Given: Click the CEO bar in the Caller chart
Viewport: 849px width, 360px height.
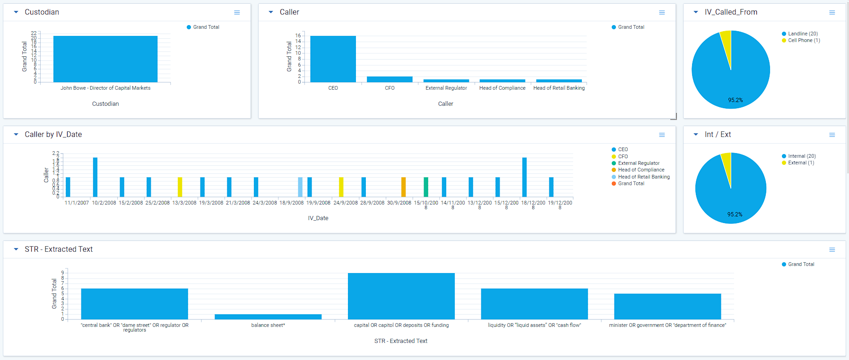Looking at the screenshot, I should pos(333,59).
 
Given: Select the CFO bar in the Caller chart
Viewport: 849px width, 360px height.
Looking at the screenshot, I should pos(390,79).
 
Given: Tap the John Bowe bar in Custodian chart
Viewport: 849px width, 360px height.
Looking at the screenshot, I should pos(105,59).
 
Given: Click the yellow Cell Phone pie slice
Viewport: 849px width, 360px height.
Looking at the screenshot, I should pos(726,43).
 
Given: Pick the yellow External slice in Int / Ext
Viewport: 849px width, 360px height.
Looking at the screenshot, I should pos(727,163).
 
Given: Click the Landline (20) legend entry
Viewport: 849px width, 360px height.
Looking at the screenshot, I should pos(803,34).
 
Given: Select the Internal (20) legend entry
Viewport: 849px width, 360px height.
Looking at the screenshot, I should pos(802,156).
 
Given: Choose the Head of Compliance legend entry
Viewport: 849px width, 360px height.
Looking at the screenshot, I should pos(641,170).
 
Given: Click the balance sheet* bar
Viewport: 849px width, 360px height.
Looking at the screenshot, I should pos(268,317).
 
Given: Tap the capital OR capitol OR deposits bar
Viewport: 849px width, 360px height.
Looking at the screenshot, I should pos(401,296).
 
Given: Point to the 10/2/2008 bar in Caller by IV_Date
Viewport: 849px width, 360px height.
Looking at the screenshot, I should pos(95,177).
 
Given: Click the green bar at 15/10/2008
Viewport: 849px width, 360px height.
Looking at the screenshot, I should pos(426,187).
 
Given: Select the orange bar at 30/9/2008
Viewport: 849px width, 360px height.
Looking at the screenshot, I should pos(403,187).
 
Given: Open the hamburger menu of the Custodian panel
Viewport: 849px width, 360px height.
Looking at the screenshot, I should pos(237,13).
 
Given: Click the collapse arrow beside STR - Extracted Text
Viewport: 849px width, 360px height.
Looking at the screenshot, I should pos(16,249).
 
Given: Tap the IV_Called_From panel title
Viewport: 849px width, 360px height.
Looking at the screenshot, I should pos(731,12).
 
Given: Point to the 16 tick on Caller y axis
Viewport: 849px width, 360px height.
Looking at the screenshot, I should pos(298,35).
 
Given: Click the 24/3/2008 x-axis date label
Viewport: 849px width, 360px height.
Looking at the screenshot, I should pos(265,203).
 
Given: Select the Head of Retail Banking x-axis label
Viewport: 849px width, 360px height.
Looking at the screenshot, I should pos(559,88).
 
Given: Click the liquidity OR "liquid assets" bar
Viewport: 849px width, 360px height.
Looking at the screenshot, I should pos(534,304).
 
